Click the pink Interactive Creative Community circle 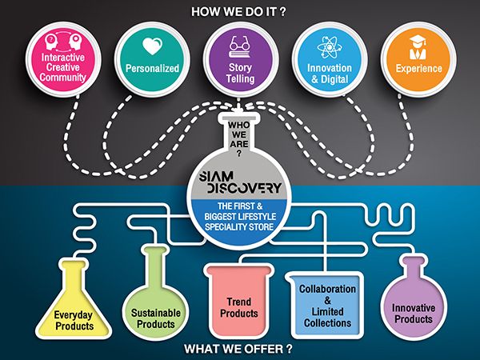click(x=63, y=59)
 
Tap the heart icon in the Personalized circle click(x=152, y=46)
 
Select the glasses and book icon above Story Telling click(x=239, y=47)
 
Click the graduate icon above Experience click(x=418, y=47)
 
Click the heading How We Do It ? click(x=238, y=12)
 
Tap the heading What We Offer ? click(x=238, y=349)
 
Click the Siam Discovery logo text click(x=240, y=182)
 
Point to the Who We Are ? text click(x=238, y=138)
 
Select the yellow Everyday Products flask click(x=74, y=298)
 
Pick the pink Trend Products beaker click(x=239, y=301)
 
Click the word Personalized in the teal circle click(x=152, y=68)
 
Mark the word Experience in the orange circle click(x=418, y=68)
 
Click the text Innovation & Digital click(x=330, y=74)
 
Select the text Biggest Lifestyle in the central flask click(x=240, y=217)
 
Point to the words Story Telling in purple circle click(x=240, y=73)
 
